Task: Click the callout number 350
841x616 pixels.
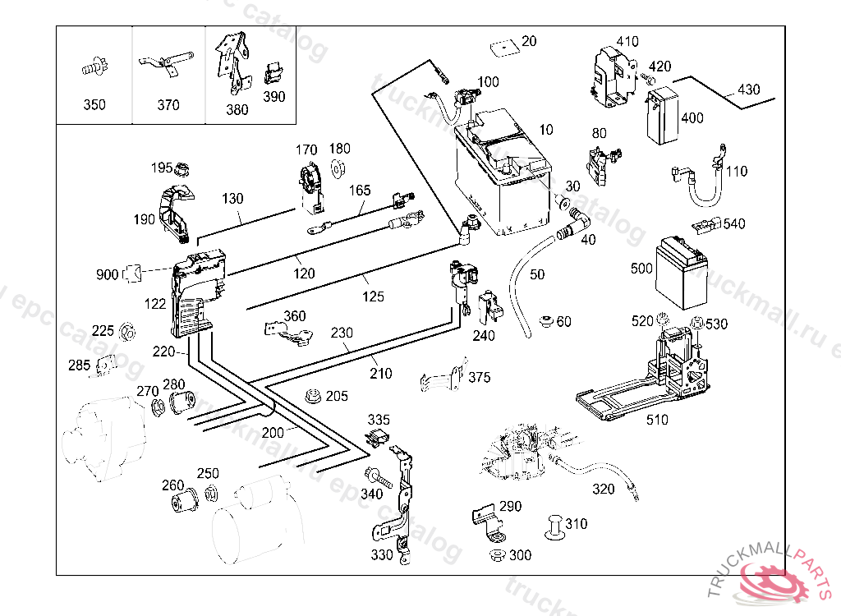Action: (x=94, y=105)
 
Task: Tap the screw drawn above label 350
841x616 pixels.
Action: (x=94, y=67)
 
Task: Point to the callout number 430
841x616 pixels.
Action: (x=748, y=90)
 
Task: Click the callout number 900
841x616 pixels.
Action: (x=107, y=274)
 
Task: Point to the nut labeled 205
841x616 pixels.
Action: (x=312, y=396)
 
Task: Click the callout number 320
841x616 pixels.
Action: (x=603, y=490)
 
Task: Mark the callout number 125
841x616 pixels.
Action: (x=374, y=296)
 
